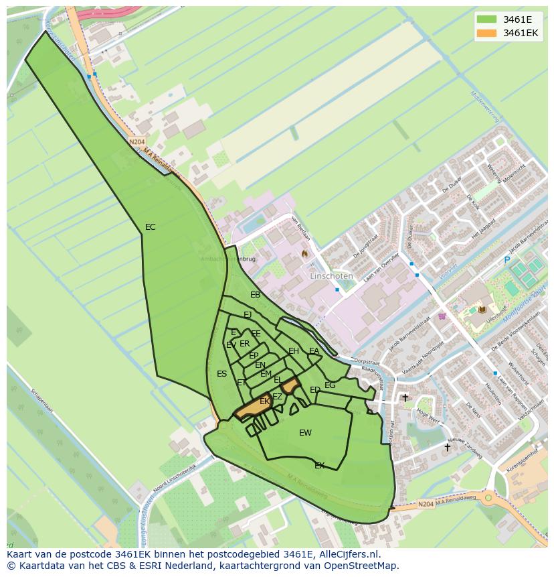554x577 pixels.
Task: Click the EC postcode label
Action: [x=151, y=227]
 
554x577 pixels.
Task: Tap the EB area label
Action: [x=256, y=295]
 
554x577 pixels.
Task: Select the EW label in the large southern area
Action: [x=305, y=433]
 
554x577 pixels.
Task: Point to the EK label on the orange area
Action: [x=265, y=401]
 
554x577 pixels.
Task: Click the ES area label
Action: [x=222, y=374]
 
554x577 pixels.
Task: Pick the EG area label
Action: [x=330, y=385]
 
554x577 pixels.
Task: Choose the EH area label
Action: [x=294, y=351]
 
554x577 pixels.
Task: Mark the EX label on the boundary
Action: [x=320, y=465]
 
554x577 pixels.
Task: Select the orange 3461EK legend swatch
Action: [x=487, y=33]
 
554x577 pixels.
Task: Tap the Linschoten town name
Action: [x=331, y=276]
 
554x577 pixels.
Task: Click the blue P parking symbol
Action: [x=506, y=260]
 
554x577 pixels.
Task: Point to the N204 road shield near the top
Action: [x=136, y=142]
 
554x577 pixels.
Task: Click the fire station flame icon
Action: [x=304, y=254]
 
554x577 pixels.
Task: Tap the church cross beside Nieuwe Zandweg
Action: [x=448, y=447]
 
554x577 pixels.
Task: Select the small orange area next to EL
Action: [x=290, y=385]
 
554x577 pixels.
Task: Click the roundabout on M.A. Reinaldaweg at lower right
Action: [x=490, y=497]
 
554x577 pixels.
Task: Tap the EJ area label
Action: [x=248, y=315]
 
